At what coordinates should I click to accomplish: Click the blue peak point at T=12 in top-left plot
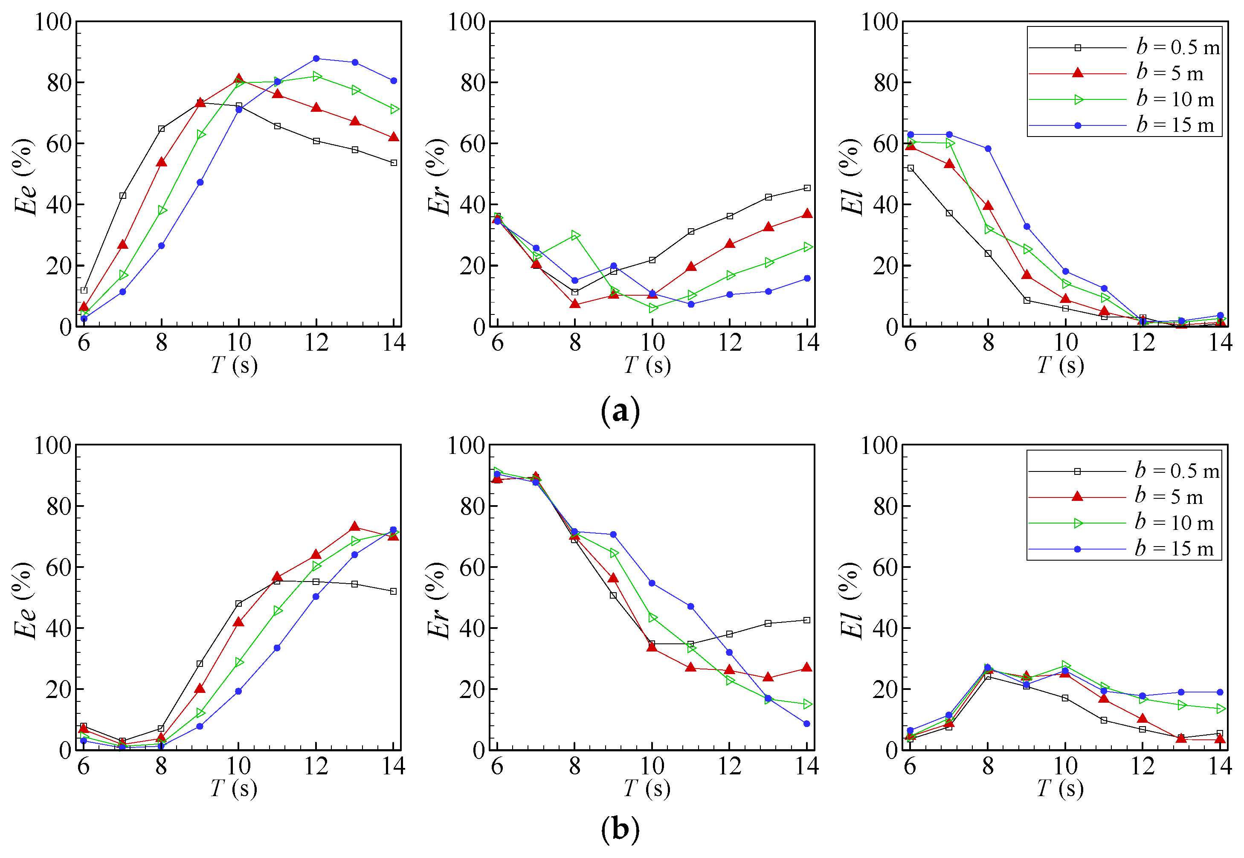point(316,58)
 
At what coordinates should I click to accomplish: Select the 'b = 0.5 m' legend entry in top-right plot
point(1177,47)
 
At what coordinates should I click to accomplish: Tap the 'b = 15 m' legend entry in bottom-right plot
point(1174,548)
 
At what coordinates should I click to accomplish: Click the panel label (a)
point(620,411)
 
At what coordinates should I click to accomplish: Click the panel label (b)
point(620,829)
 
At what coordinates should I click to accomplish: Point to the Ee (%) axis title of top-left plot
point(24,177)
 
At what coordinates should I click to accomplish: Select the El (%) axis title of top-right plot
point(851,177)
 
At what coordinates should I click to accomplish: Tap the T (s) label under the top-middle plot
point(647,365)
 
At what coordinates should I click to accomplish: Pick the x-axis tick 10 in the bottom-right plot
point(1065,766)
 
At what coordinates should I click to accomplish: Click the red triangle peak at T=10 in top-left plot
point(238,79)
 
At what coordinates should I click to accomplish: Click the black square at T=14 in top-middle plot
point(806,188)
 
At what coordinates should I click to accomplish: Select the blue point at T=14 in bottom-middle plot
point(806,724)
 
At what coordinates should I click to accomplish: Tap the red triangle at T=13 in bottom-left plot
point(355,526)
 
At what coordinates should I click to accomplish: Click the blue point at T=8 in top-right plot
point(988,148)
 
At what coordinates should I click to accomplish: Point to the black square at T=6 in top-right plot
point(911,168)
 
